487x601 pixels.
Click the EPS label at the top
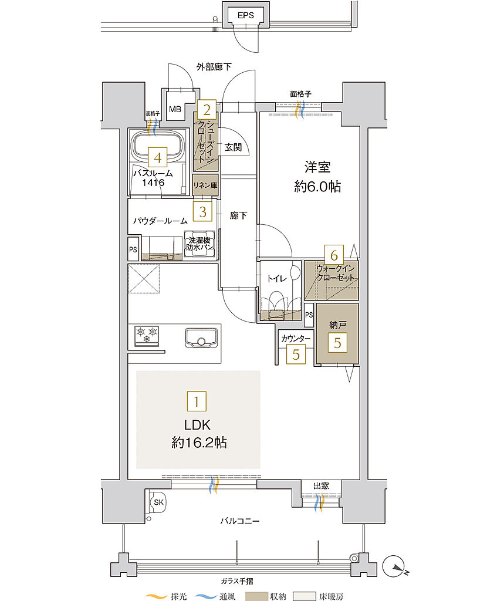coord(246,16)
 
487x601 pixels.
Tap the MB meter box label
coord(175,109)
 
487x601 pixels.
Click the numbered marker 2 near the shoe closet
coord(205,109)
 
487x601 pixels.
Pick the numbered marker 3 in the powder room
coord(202,212)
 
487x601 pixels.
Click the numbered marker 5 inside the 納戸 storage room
coord(337,343)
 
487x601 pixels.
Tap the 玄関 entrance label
coord(233,147)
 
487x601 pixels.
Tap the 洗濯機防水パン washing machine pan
coord(199,244)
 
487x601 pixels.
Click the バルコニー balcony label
coord(240,521)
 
